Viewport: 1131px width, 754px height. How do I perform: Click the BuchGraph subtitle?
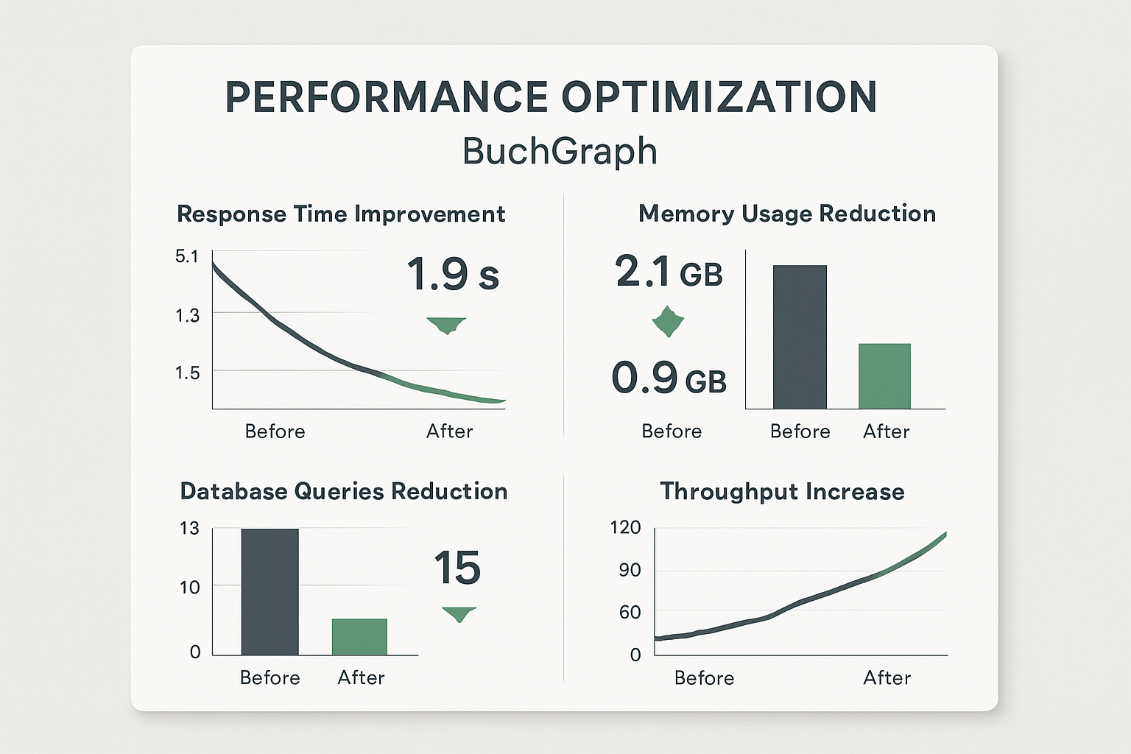tap(560, 152)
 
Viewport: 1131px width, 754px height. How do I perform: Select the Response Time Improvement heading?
tap(341, 214)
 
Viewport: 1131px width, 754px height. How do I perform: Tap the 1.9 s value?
tap(453, 274)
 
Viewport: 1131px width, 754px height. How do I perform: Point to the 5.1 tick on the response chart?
tap(187, 256)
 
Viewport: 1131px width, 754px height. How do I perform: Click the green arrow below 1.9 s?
tap(446, 325)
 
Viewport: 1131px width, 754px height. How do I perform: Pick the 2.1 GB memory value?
tap(669, 272)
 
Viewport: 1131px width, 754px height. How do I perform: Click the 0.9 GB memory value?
tap(669, 378)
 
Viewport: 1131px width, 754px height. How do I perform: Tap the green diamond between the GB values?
tap(668, 322)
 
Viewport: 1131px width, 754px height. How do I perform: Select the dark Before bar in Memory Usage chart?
tap(800, 337)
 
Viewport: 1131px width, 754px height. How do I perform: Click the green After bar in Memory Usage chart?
tap(884, 376)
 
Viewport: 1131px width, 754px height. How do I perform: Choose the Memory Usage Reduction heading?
tap(787, 214)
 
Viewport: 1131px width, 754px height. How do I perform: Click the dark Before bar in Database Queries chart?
tap(269, 591)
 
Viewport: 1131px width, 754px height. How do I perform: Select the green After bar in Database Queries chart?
tap(359, 636)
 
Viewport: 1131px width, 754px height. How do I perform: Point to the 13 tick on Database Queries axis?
tap(189, 528)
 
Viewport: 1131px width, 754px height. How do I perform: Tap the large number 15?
tap(457, 568)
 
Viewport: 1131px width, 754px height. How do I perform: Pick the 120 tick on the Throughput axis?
tap(625, 527)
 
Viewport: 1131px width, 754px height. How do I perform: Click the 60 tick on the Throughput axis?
tap(630, 612)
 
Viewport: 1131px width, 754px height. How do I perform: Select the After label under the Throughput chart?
tap(887, 677)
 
